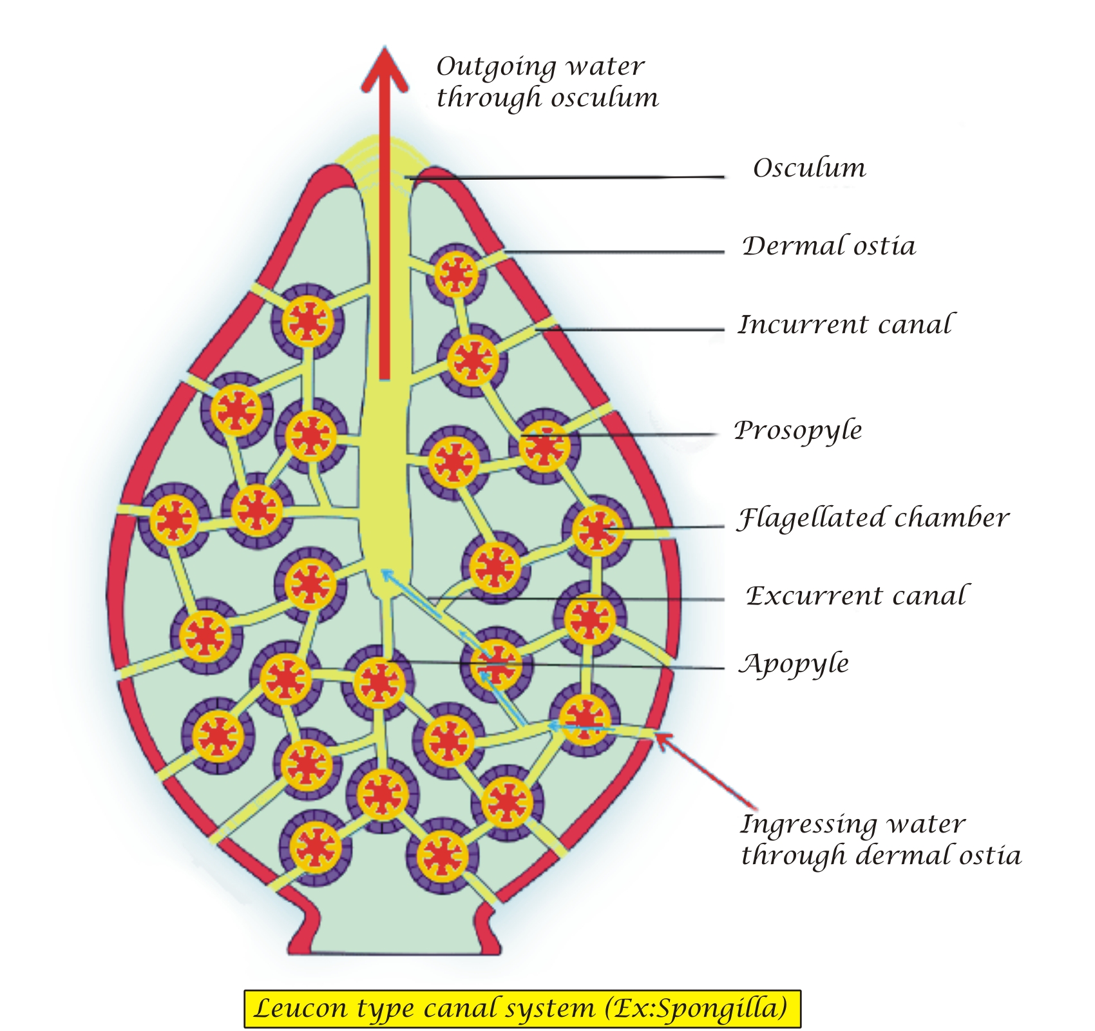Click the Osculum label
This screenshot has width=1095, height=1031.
[809, 169]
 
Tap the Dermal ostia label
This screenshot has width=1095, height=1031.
[828, 246]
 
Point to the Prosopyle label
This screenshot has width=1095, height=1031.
[798, 430]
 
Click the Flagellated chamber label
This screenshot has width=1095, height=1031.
[873, 518]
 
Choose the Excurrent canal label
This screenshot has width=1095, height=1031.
[856, 596]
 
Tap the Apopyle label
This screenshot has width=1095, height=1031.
[794, 664]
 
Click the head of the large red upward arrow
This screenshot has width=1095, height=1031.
[385, 71]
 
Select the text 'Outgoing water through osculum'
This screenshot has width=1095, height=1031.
[547, 82]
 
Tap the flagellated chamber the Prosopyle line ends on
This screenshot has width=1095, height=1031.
[544, 445]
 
